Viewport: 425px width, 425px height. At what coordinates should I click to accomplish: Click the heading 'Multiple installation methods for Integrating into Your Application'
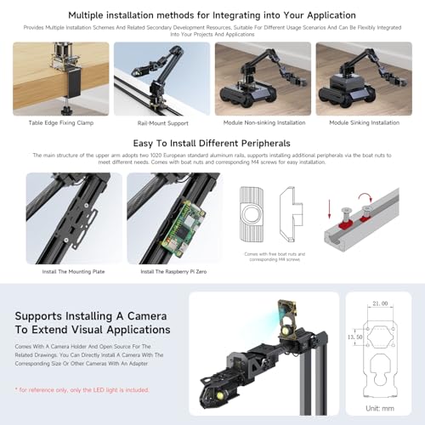coord(212,14)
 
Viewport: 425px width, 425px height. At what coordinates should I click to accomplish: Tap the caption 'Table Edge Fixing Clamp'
coord(60,122)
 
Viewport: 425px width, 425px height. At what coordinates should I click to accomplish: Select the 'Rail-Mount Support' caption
coord(161,122)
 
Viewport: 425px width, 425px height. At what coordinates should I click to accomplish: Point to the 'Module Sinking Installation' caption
coord(363,122)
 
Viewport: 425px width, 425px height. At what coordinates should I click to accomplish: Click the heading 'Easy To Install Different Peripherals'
coord(212,143)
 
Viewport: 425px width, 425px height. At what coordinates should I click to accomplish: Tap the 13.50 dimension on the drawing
coord(355,336)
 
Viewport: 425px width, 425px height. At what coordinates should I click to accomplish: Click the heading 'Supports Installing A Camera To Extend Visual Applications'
coord(92,322)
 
